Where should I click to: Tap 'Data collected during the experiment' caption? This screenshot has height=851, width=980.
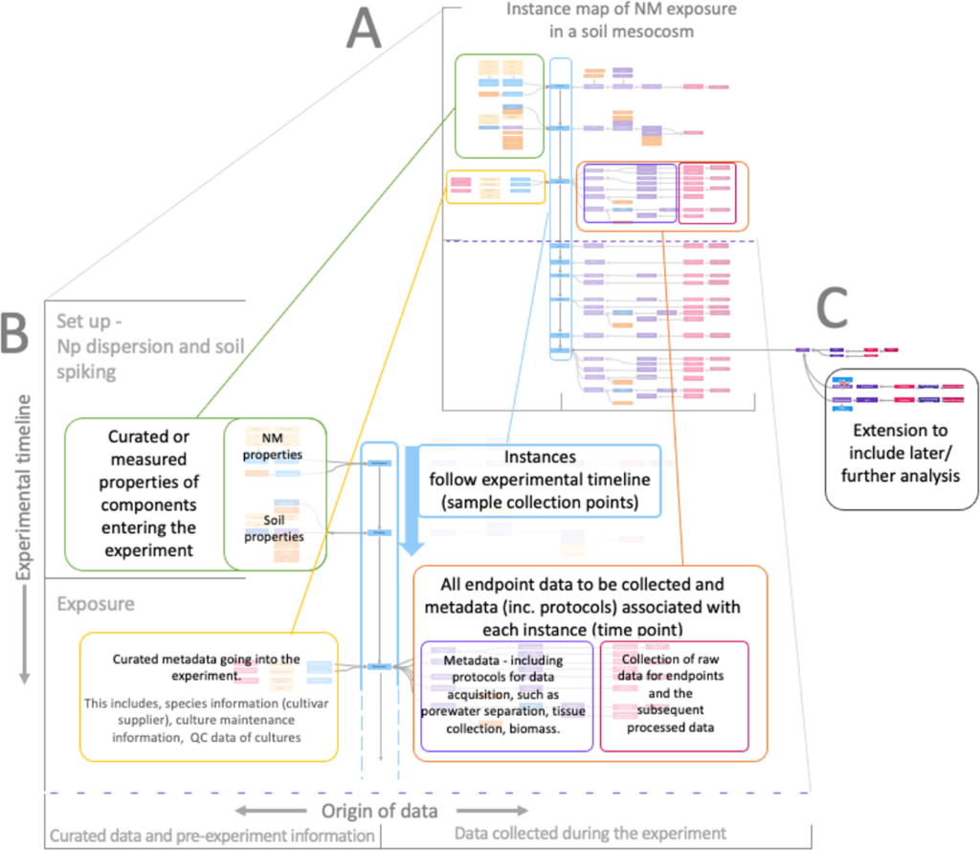[591, 836]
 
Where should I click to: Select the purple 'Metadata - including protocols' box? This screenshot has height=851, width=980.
[507, 695]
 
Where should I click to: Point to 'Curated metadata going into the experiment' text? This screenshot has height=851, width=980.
[205, 666]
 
